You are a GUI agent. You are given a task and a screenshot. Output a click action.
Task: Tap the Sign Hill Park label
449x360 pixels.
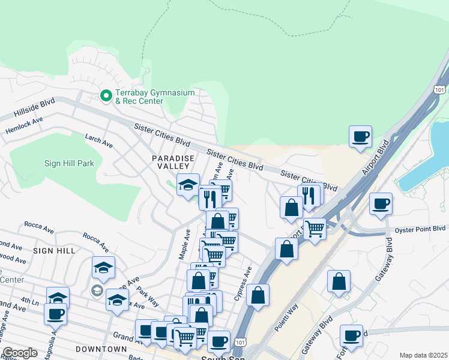pos(69,163)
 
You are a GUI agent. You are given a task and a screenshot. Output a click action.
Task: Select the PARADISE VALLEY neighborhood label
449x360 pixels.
pos(173,162)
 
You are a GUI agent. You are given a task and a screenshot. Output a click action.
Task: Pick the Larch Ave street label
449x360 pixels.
pos(99,143)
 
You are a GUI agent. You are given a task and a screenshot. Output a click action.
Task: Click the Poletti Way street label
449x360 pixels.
pos(288,319)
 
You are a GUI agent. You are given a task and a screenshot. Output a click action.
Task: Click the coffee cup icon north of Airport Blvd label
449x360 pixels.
pos(360,137)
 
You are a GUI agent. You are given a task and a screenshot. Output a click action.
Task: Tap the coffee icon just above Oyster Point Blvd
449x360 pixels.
pos(381,204)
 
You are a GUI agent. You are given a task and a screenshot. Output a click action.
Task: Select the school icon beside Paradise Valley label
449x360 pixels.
pos(188,185)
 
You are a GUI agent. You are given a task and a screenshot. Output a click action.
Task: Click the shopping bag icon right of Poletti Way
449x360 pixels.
pos(339,281)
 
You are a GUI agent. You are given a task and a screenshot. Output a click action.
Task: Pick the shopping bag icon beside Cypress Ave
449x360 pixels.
pos(258,295)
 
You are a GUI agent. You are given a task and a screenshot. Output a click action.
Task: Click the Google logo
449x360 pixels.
pos(20,353)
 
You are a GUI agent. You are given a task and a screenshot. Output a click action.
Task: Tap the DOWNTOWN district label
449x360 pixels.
pos(101,349)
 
